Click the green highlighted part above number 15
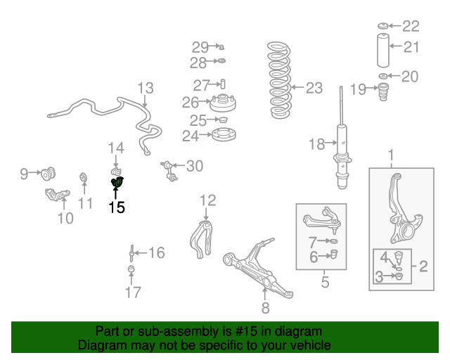click(117, 181)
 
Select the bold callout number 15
click(117, 207)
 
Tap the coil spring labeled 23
click(280, 80)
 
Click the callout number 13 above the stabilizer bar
click(146, 88)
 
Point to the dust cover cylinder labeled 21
click(382, 51)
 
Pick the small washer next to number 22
click(382, 26)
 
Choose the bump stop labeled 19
click(383, 91)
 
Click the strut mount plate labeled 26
click(223, 103)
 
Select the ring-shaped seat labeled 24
click(224, 134)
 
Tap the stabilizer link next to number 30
click(169, 171)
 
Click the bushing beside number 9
click(48, 174)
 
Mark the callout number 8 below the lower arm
click(266, 308)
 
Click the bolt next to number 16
click(131, 253)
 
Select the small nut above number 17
click(131, 269)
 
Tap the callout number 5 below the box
click(325, 282)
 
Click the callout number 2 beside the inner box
click(423, 266)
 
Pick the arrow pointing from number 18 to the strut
click(331, 143)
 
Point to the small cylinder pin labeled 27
click(223, 84)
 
